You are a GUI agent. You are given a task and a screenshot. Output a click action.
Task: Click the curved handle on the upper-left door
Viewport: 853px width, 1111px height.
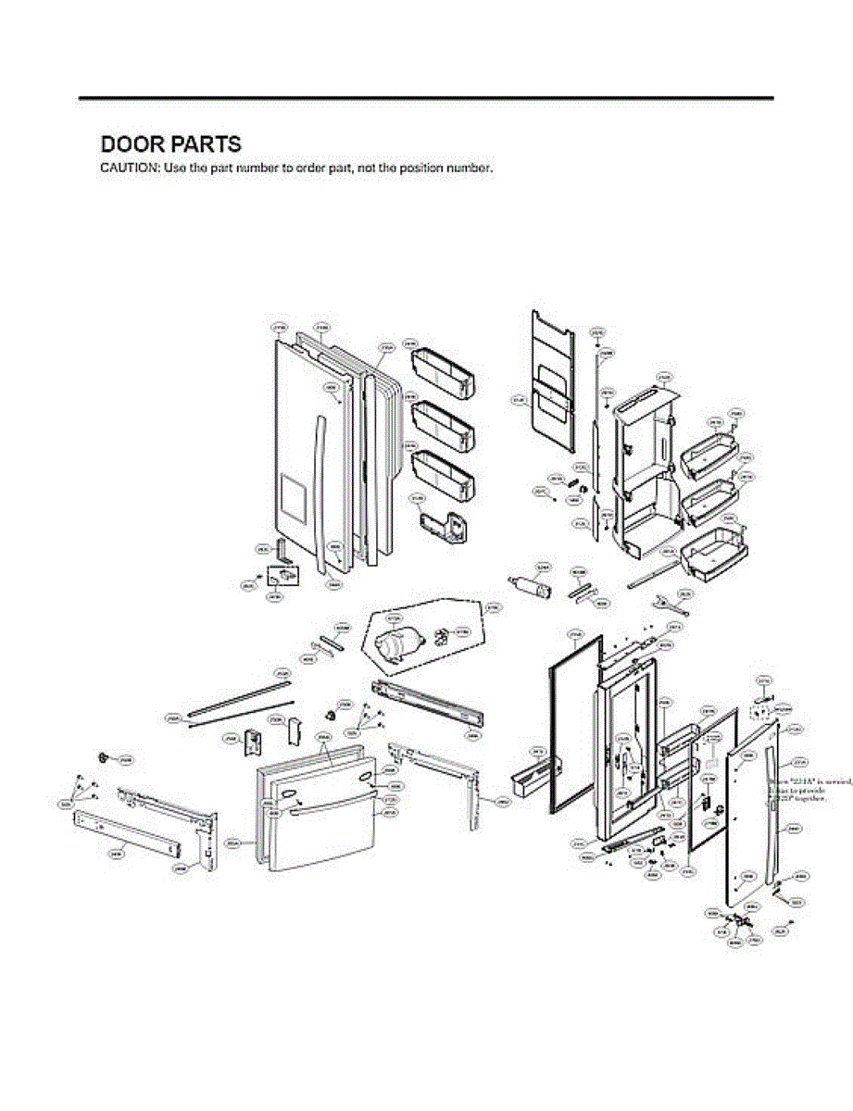[x=320, y=491]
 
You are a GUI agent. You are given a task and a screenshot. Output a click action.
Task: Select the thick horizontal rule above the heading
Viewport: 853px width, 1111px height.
[x=426, y=97]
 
